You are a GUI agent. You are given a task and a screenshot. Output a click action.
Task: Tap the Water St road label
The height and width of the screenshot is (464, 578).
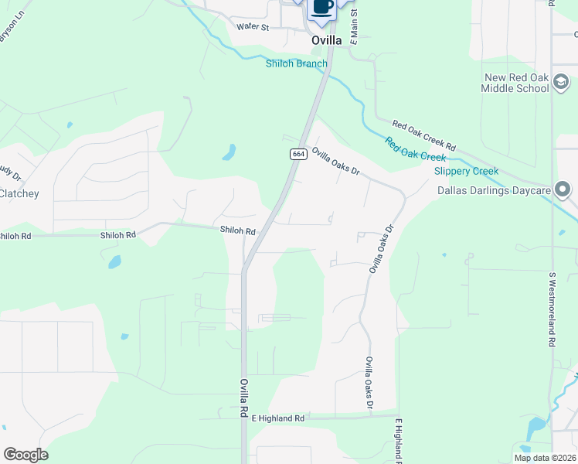click(x=252, y=26)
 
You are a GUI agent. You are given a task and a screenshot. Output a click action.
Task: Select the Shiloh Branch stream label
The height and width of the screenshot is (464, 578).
click(x=297, y=63)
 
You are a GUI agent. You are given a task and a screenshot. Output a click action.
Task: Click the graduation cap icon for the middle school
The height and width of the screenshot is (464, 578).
click(x=562, y=82)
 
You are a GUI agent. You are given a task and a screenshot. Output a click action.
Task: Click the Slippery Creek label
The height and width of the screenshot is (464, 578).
click(x=466, y=171)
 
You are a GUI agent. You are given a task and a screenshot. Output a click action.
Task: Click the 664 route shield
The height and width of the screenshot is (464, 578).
click(x=298, y=155)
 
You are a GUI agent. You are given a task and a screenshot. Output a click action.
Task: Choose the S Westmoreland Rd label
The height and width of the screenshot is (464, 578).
click(x=552, y=309)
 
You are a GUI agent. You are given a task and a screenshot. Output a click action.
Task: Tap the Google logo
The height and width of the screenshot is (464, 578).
click(x=25, y=455)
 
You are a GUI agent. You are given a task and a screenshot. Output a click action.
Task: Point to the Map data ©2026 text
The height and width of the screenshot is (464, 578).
click(x=545, y=458)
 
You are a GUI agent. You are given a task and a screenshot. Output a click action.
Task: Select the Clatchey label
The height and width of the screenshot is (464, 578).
click(x=19, y=193)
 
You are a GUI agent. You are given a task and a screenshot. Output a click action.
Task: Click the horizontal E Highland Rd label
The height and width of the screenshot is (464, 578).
click(x=278, y=418)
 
